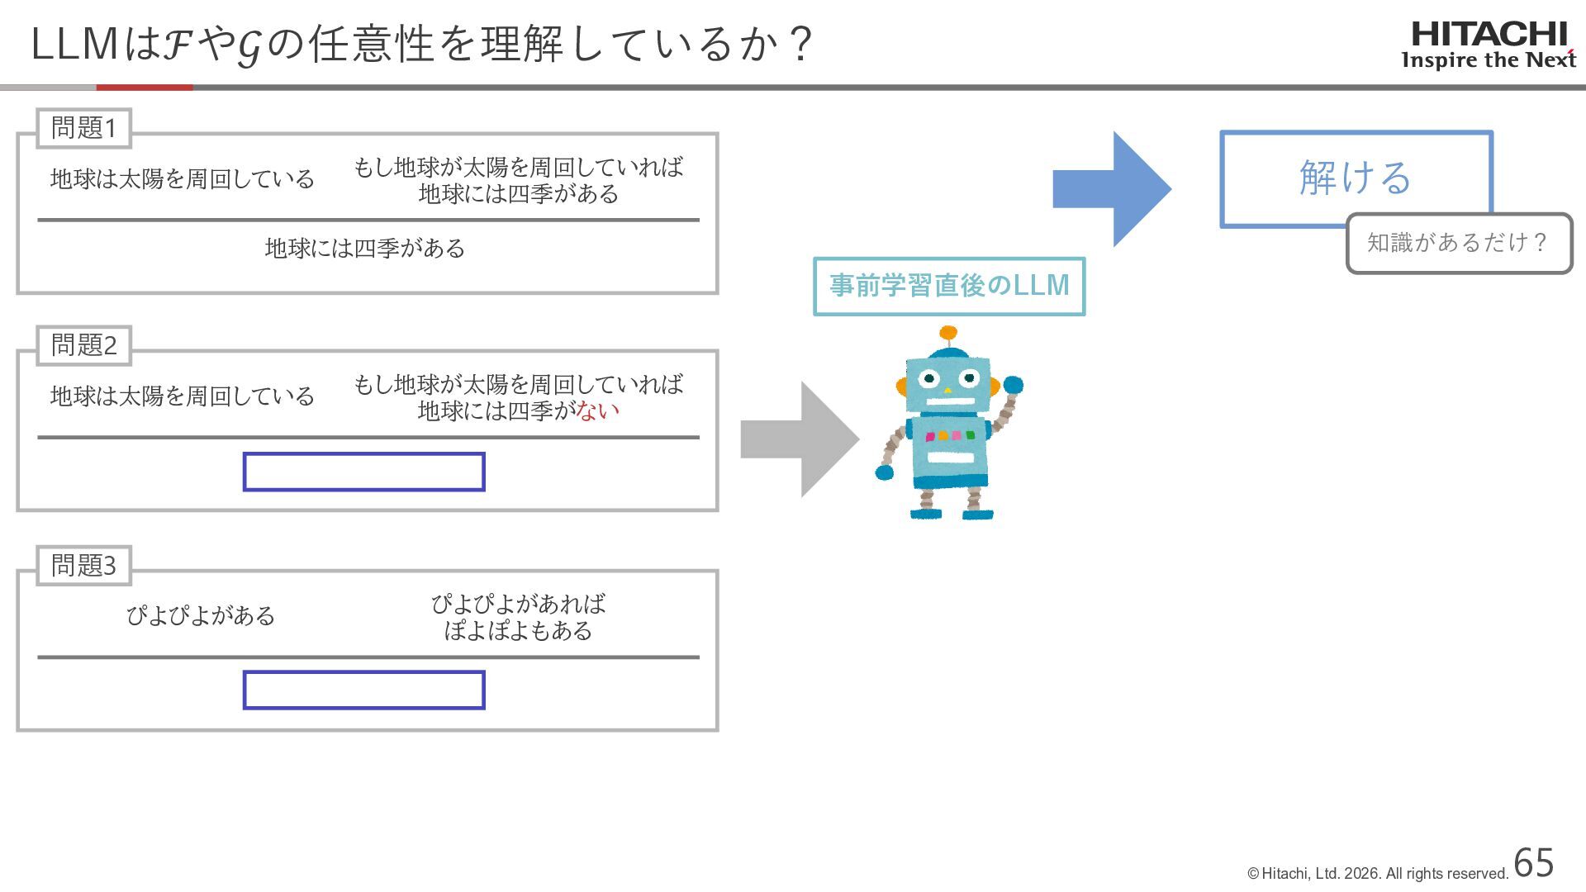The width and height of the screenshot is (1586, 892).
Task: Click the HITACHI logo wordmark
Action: pyautogui.click(x=1489, y=35)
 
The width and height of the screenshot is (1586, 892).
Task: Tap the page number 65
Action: pyautogui.click(x=1534, y=863)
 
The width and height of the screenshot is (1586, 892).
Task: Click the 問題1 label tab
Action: pyautogui.click(x=83, y=128)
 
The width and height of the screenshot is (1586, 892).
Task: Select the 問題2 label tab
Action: pyautogui.click(x=83, y=345)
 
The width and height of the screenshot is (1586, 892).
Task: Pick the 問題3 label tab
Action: pyautogui.click(x=83, y=566)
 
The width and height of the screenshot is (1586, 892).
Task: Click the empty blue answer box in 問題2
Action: pyautogui.click(x=363, y=472)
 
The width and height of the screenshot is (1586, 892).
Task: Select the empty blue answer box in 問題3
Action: pyautogui.click(x=363, y=690)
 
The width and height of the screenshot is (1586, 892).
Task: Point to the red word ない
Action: pyautogui.click(x=598, y=410)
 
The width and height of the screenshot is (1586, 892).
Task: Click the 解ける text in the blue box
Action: pyautogui.click(x=1356, y=178)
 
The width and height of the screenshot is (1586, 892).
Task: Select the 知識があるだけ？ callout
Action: pyautogui.click(x=1458, y=243)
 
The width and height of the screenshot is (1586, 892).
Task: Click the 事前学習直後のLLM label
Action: pyautogui.click(x=949, y=286)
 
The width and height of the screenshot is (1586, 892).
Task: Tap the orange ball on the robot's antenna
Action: pyautogui.click(x=948, y=334)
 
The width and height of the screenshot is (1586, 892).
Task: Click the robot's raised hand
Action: pyautogui.click(x=1014, y=385)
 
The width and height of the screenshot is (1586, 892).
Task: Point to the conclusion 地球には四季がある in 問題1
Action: pyautogui.click(x=364, y=248)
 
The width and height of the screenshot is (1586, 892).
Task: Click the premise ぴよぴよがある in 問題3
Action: pyautogui.click(x=200, y=615)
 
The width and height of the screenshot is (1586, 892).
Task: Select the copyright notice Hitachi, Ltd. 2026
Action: pyautogui.click(x=1377, y=874)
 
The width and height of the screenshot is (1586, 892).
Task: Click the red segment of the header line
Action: pyautogui.click(x=145, y=87)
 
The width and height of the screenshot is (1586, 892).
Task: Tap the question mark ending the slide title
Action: pyautogui.click(x=800, y=44)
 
